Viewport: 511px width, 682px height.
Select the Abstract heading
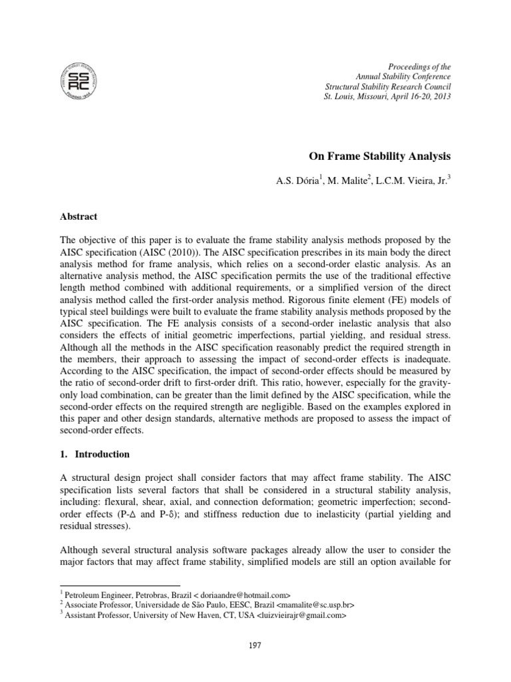tap(79, 216)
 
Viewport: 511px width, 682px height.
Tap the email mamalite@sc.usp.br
tap(309, 605)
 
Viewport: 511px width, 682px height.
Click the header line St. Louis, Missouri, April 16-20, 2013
tap(387, 97)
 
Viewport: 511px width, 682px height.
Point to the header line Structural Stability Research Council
tap(387, 87)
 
